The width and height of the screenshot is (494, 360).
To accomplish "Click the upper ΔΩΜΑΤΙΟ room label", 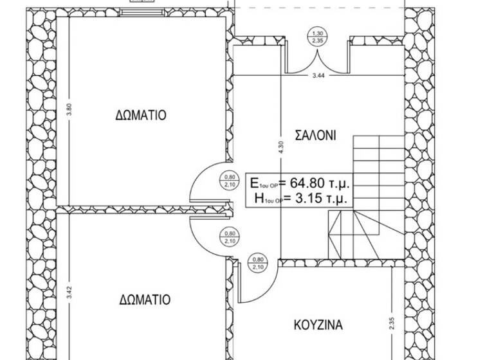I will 141,116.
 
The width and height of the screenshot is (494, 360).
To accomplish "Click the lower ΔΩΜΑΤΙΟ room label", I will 145,300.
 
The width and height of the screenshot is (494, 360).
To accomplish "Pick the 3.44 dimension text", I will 318,76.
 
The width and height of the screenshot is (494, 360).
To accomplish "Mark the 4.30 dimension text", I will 280,148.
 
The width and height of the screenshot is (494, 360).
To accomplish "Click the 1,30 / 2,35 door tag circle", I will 317,37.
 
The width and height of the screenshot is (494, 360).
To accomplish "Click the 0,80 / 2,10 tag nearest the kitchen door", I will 259,263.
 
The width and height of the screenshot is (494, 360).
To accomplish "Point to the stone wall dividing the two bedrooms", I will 142,209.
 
